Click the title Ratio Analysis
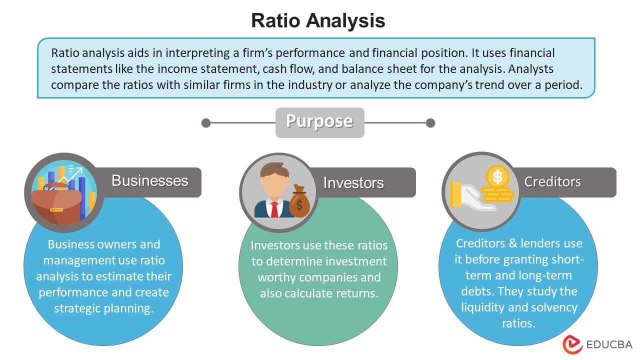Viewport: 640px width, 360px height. pos(318,20)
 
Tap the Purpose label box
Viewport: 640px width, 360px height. pos(319,122)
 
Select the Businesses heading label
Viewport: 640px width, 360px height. pos(150,181)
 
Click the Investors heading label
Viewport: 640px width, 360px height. pos(353,183)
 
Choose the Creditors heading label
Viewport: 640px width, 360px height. pos(552,182)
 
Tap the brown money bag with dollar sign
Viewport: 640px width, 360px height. pos(299,202)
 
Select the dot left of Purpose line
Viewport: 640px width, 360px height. pos(205,122)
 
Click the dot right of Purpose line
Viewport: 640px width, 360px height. pos(430,122)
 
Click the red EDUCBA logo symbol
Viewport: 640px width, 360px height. pos(573,344)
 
